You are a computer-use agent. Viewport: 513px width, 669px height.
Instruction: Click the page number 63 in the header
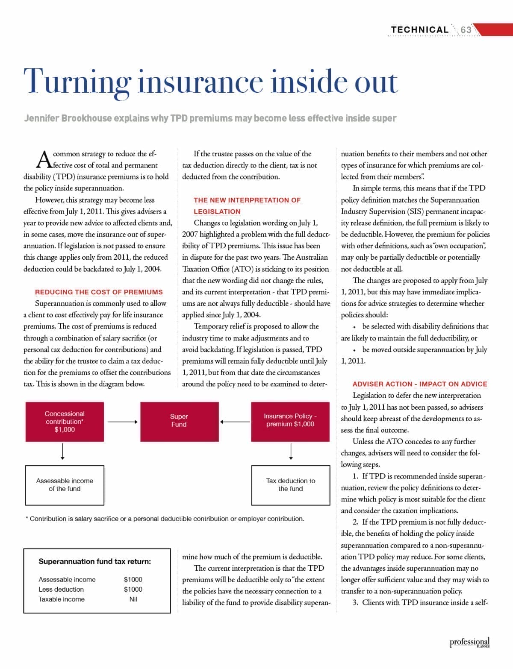(466, 30)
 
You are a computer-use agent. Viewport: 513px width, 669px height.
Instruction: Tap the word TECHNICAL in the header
(419, 30)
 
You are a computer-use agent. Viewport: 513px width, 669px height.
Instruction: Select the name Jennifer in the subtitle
(42, 118)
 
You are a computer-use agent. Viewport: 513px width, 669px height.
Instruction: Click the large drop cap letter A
(44, 160)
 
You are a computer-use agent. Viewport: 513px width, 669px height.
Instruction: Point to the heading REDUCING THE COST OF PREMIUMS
(99, 292)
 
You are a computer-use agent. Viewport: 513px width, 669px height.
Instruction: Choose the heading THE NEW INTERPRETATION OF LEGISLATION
(247, 205)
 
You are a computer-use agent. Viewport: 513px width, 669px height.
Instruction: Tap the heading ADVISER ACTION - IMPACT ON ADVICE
(419, 384)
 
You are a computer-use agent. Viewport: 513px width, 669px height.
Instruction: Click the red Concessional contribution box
(65, 422)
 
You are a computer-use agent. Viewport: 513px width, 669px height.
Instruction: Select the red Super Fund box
(179, 421)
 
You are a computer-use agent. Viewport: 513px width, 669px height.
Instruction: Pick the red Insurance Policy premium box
(290, 421)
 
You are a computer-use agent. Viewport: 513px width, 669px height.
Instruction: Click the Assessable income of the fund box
(65, 485)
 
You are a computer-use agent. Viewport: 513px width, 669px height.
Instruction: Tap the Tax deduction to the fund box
(291, 485)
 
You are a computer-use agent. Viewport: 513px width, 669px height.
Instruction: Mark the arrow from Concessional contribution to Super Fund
(123, 422)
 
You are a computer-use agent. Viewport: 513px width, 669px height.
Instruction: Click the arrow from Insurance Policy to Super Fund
(235, 422)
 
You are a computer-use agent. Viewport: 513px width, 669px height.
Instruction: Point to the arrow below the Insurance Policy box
(291, 452)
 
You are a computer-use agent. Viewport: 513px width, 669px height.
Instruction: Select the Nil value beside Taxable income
(133, 599)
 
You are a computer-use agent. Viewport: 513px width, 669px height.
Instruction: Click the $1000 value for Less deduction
(133, 590)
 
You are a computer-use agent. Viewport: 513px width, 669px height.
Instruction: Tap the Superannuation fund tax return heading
(94, 562)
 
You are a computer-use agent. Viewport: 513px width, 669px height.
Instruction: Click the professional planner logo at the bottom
(469, 643)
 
